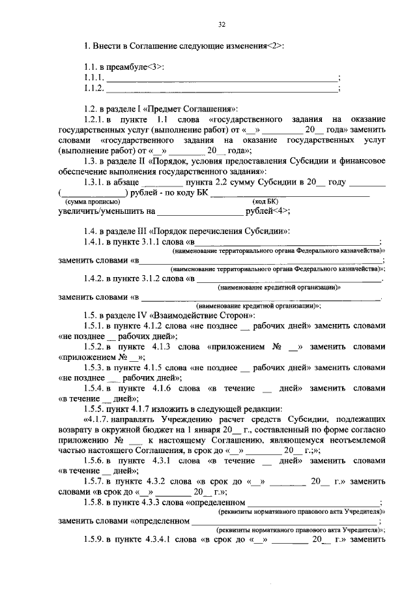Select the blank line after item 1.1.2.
coord(222,89)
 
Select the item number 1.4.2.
coord(96,278)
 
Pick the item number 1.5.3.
coord(96,367)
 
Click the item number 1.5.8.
coord(96,503)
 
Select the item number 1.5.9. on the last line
coord(96,540)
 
